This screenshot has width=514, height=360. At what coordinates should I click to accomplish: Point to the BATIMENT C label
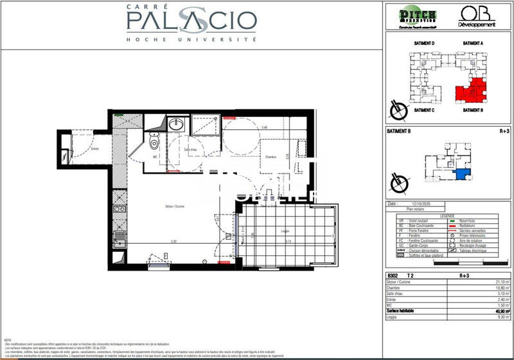425,110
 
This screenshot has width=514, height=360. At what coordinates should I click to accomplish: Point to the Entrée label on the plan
95,148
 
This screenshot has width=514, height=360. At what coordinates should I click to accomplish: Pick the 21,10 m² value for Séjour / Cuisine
495,281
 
